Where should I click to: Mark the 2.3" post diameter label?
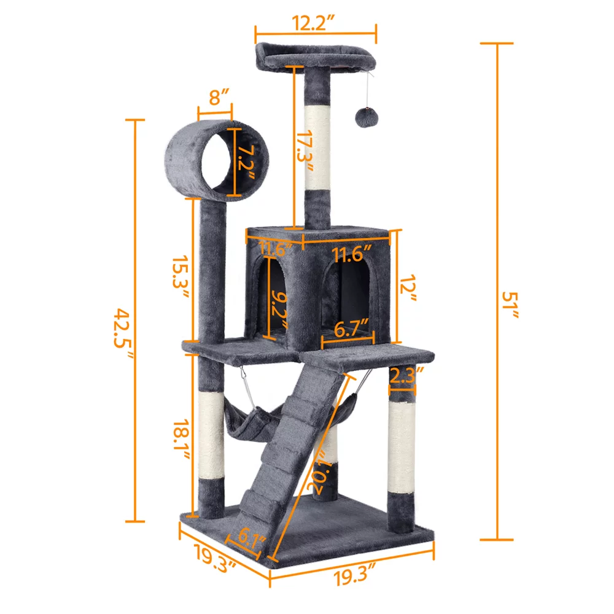pyautogui.click(x=403, y=374)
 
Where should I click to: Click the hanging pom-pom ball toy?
pyautogui.click(x=365, y=115)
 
